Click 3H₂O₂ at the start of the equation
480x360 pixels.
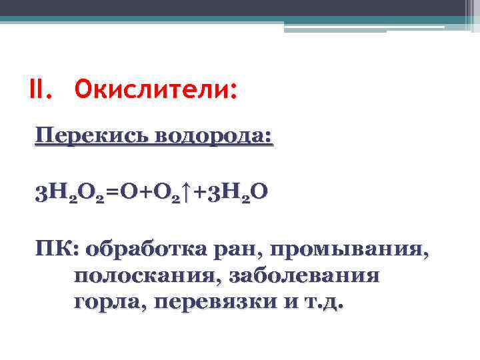(70, 195)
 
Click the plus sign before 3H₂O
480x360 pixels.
(202, 194)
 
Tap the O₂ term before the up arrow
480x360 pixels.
(170, 195)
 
